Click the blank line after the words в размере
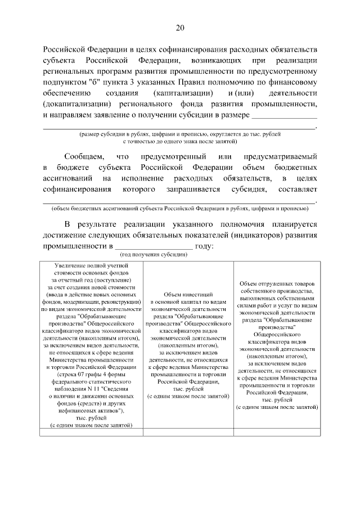pyautogui.click(x=283, y=116)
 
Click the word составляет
pyautogui.click(x=295, y=189)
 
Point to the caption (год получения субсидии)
pyautogui.click(x=152, y=255)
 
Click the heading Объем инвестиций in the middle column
pyautogui.click(x=188, y=294)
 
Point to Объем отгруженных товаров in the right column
pyautogui.click(x=279, y=283)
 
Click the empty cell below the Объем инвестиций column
pyautogui.click(x=188, y=432)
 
